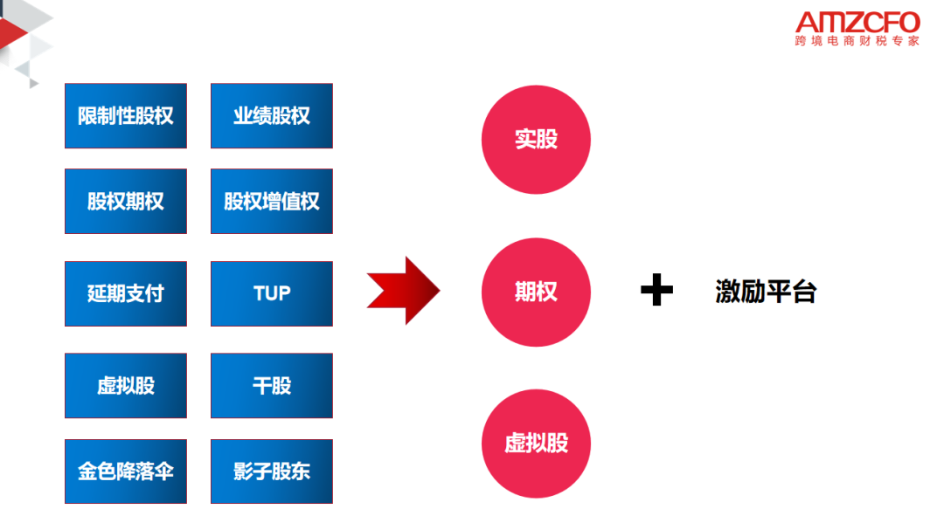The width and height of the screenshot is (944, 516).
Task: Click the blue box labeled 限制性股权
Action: tap(126, 116)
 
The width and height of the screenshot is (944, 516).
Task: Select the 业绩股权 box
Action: tap(272, 116)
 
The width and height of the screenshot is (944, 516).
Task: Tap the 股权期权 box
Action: tap(126, 202)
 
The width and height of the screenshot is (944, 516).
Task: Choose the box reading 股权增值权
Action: tap(272, 202)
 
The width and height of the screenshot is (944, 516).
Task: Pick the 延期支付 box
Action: tap(126, 293)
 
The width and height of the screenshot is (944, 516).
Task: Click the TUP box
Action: tap(272, 293)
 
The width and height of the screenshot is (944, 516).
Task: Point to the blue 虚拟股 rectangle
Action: tap(126, 385)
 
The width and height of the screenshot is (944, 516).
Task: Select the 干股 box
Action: tap(272, 385)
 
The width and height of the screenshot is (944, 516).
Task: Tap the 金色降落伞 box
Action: tap(126, 471)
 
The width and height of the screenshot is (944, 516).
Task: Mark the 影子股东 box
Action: tap(272, 471)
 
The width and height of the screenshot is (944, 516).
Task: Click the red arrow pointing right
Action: tap(403, 291)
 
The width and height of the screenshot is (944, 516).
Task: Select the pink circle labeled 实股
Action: tap(536, 140)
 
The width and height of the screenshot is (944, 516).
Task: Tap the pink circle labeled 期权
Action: tap(536, 292)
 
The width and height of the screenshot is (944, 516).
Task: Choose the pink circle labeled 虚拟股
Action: tap(536, 443)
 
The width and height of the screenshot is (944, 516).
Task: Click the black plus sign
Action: tap(656, 291)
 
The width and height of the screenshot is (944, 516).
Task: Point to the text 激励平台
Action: tap(766, 292)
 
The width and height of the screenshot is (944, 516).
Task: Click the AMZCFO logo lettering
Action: tap(857, 22)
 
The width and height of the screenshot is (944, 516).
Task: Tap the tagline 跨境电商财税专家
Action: tap(857, 41)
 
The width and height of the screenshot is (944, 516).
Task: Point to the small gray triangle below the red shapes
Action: tap(33, 82)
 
